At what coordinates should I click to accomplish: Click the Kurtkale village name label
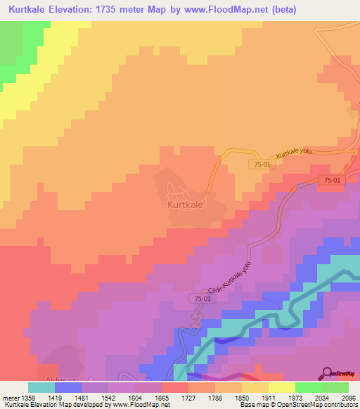click(x=186, y=205)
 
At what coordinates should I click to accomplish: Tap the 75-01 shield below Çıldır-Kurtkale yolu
click(x=200, y=299)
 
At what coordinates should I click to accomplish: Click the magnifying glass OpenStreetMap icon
click(x=328, y=372)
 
